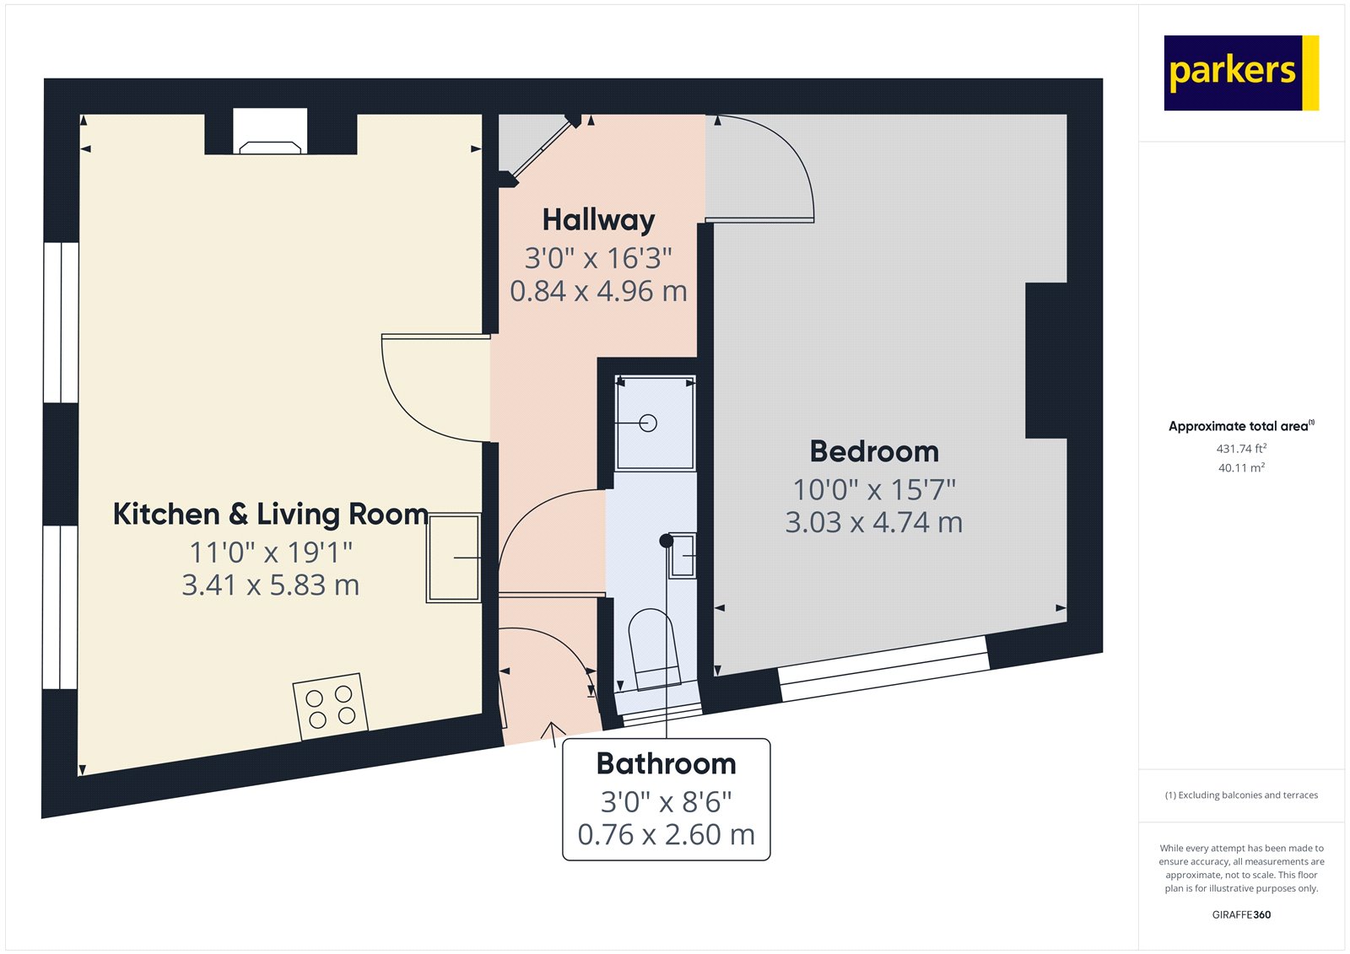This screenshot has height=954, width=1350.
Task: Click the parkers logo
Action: coord(1241,73)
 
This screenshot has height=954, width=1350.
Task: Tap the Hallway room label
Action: coord(598,220)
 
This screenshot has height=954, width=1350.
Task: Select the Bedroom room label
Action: coord(874,451)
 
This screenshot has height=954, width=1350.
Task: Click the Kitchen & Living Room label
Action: coord(271,514)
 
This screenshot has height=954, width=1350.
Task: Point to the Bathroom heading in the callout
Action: coord(666,763)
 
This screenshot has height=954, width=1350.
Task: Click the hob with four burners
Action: coord(330,706)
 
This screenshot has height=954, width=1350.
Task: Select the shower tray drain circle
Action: coord(648,423)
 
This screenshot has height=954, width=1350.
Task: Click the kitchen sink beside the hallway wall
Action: coord(454,558)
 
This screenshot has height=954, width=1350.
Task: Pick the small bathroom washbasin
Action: coord(683,556)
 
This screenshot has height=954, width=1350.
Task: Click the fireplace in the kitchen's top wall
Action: coord(270,132)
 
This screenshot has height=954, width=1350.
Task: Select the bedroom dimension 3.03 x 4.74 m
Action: coord(874,522)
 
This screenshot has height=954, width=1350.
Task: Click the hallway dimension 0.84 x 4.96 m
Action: coord(598,291)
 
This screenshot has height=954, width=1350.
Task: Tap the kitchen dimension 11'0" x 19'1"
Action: coord(271,552)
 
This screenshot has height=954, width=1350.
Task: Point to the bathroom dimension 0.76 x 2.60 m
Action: coord(666,835)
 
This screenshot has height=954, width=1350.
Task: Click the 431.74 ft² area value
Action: coord(1241,449)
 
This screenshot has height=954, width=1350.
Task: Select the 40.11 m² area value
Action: coord(1241,467)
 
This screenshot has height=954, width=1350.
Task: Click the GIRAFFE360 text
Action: coord(1241,914)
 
